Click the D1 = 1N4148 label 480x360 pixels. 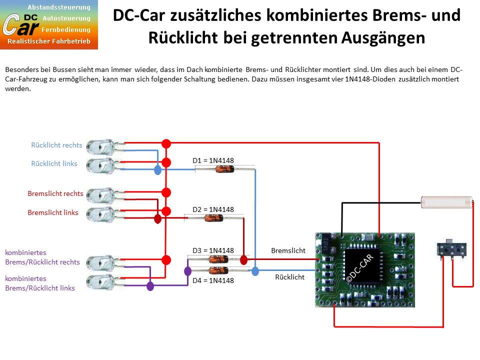213,160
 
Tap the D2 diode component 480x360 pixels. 213,218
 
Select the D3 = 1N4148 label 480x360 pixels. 213,250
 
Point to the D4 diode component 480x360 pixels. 218,270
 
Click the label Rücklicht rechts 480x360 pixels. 56,145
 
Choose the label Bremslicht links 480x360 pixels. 53,212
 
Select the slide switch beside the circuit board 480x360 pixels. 451,249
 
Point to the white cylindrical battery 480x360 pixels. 446,202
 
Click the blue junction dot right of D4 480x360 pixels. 255,271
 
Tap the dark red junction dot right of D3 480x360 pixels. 243,260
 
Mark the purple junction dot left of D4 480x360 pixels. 187,271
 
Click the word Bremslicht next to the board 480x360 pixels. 288,250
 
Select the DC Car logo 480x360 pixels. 49,25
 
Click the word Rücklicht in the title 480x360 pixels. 183,38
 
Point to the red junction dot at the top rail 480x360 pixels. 166,143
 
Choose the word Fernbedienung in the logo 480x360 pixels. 66,29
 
